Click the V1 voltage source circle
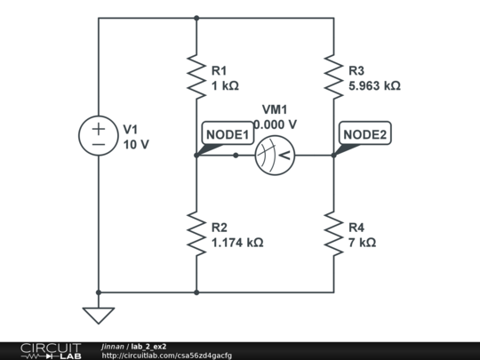(98, 137)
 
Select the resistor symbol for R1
(196, 76)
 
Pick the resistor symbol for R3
(333, 76)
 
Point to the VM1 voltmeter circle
(273, 156)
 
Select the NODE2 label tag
(365, 134)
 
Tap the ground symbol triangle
(98, 315)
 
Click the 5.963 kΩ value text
(374, 86)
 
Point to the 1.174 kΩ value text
(237, 242)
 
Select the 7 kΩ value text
(362, 242)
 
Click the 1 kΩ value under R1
(225, 86)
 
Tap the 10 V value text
(136, 144)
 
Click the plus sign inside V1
(98, 129)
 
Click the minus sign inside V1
(98, 145)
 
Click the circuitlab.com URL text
(166, 356)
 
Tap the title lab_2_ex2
(148, 346)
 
